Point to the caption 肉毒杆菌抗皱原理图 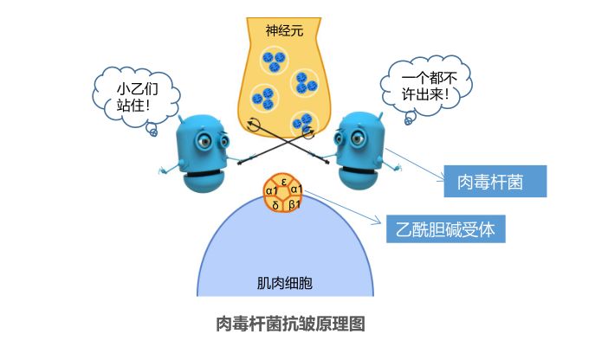pyautogui.click(x=292, y=325)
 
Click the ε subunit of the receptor pyautogui.click(x=285, y=181)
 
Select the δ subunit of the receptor pyautogui.click(x=275, y=205)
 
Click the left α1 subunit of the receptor pyautogui.click(x=271, y=190)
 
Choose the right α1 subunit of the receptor pyautogui.click(x=297, y=190)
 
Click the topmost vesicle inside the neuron pyautogui.click(x=274, y=61)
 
